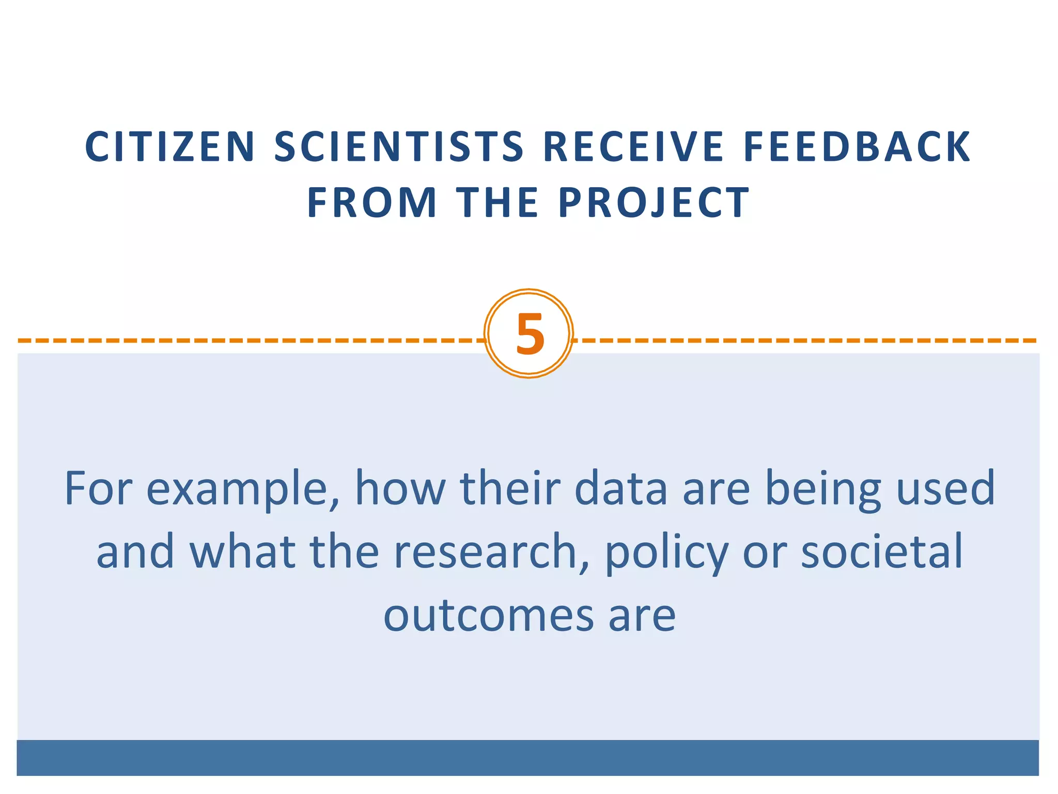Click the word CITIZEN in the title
click(170, 147)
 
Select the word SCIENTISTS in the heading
click(399, 147)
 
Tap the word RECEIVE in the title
click(634, 147)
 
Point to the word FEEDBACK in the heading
click(857, 147)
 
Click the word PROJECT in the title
click(654, 203)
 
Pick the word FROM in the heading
click(372, 203)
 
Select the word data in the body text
click(620, 488)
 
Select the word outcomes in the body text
click(489, 616)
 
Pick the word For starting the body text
click(98, 488)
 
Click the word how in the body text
click(400, 488)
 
